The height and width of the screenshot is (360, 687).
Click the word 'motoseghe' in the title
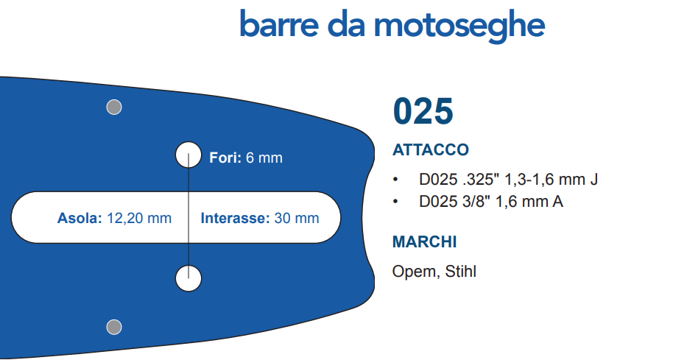click(459, 27)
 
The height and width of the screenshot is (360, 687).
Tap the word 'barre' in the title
click(279, 24)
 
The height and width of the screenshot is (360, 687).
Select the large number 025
click(423, 111)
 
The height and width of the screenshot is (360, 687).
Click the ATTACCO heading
click(430, 149)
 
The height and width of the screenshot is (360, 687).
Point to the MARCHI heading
click(424, 241)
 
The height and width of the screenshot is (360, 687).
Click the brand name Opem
click(414, 272)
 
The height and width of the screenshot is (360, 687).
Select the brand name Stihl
click(460, 271)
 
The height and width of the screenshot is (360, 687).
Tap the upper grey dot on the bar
click(114, 107)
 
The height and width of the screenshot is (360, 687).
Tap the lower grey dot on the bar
click(114, 327)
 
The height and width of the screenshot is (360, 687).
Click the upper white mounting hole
click(189, 155)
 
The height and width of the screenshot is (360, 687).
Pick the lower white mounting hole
click(189, 278)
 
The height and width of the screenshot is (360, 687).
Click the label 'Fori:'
click(225, 158)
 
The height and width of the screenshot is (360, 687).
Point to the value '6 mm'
click(264, 158)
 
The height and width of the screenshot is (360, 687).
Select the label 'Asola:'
click(80, 218)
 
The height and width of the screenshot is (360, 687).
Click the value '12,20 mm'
click(139, 218)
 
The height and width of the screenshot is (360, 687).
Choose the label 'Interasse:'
click(236, 218)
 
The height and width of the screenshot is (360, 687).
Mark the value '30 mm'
click(297, 218)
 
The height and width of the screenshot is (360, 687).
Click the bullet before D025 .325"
click(395, 179)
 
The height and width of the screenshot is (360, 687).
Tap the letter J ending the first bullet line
click(593, 179)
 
